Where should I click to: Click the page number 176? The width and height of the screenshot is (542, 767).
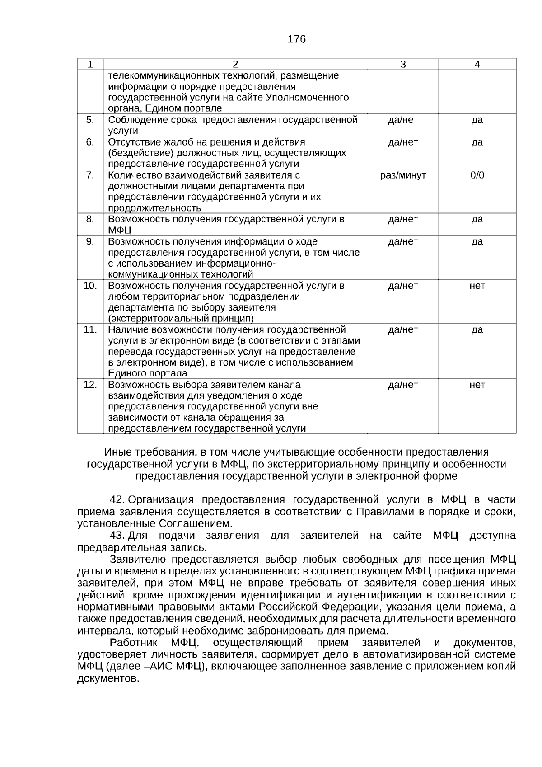coord(297,39)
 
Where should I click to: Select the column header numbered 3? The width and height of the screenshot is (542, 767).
coord(403,64)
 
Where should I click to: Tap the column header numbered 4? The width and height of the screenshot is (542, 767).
coord(477,64)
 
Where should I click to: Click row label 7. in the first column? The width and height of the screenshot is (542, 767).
coord(90,175)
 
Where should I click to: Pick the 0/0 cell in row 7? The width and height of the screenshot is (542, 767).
coord(477,175)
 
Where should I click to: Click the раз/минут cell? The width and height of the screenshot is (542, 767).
coord(403,175)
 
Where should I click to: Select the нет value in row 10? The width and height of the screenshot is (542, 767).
coord(477,286)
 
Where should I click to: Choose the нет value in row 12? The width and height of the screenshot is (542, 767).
coord(477,385)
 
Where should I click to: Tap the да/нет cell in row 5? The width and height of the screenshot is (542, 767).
coord(403,120)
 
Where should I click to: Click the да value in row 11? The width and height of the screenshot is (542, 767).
coord(477,329)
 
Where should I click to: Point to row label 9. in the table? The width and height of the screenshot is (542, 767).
coord(90,241)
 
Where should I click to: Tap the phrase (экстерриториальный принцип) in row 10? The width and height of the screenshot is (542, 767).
coord(181,318)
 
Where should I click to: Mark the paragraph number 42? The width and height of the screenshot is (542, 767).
coord(117,500)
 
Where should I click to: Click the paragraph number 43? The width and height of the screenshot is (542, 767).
coord(117,536)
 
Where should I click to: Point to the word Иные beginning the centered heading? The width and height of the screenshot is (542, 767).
coord(115,452)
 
